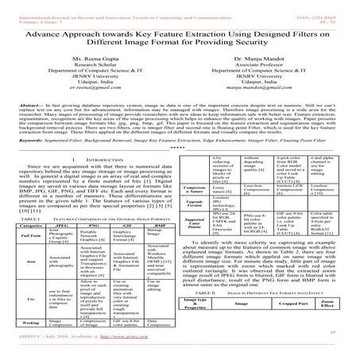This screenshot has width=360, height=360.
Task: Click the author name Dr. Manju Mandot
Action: (x=260, y=59)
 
